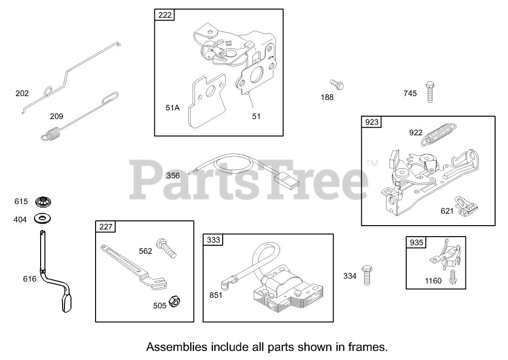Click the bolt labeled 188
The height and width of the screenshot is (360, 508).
[337, 85]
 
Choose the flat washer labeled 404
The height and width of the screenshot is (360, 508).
[43, 219]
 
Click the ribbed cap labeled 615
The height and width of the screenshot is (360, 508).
[43, 202]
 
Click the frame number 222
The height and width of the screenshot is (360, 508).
[164, 15]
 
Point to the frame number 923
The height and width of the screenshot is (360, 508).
[371, 122]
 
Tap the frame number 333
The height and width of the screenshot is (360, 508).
[213, 240]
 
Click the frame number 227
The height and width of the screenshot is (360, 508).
[106, 227]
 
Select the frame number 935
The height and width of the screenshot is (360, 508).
[416, 242]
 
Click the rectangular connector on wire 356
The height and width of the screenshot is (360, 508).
[285, 181]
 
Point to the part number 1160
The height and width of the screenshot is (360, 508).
[433, 281]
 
